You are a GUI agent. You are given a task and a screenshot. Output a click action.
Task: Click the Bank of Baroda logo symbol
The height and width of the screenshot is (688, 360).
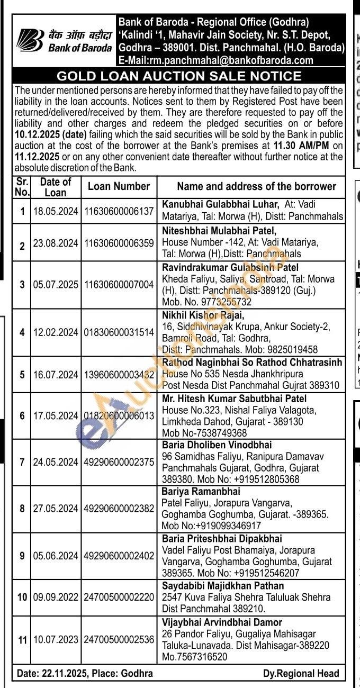point(30,40)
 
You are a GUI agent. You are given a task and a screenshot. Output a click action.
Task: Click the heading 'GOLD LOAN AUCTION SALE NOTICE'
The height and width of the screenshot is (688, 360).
point(179,76)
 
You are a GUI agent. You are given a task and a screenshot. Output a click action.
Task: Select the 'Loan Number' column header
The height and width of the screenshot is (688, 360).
point(119,186)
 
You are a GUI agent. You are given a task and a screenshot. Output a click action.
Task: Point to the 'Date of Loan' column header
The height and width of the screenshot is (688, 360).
point(55,186)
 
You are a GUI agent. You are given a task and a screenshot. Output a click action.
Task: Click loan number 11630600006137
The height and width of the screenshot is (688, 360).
point(119,211)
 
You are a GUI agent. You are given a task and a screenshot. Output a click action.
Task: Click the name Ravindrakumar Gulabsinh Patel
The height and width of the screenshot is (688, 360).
point(230,267)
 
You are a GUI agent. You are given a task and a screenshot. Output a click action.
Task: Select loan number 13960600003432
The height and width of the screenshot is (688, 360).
point(119,374)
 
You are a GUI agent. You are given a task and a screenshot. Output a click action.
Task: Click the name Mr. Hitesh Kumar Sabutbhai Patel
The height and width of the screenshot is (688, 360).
point(234,399)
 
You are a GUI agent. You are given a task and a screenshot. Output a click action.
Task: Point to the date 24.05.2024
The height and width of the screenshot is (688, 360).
point(56,462)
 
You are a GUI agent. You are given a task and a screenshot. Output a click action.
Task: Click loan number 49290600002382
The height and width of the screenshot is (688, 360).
point(119,509)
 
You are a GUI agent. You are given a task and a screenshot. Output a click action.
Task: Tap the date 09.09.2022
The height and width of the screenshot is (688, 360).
point(56,597)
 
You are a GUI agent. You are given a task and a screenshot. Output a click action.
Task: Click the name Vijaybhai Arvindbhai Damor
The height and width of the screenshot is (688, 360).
point(222,622)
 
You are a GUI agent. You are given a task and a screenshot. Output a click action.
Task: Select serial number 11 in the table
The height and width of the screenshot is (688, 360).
point(22,640)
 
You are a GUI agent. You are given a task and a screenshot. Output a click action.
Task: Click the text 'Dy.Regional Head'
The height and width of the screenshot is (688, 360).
point(301,673)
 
